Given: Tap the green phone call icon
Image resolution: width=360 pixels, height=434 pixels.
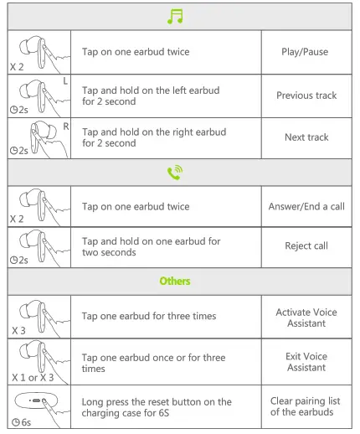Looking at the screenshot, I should [x=176, y=173].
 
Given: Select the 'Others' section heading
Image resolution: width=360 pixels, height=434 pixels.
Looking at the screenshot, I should [x=175, y=281].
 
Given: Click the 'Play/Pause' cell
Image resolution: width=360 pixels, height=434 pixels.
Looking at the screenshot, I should [x=305, y=52].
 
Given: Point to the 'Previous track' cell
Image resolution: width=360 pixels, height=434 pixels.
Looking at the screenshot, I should [x=305, y=96].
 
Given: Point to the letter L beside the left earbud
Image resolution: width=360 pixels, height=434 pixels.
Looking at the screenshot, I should [x=65, y=81].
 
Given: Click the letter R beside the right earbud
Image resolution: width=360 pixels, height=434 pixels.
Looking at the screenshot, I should [x=65, y=126].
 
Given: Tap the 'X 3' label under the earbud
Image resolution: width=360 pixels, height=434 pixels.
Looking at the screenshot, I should [x=18, y=332].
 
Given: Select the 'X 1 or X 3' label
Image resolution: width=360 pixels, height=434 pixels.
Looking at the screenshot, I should [x=29, y=376].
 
